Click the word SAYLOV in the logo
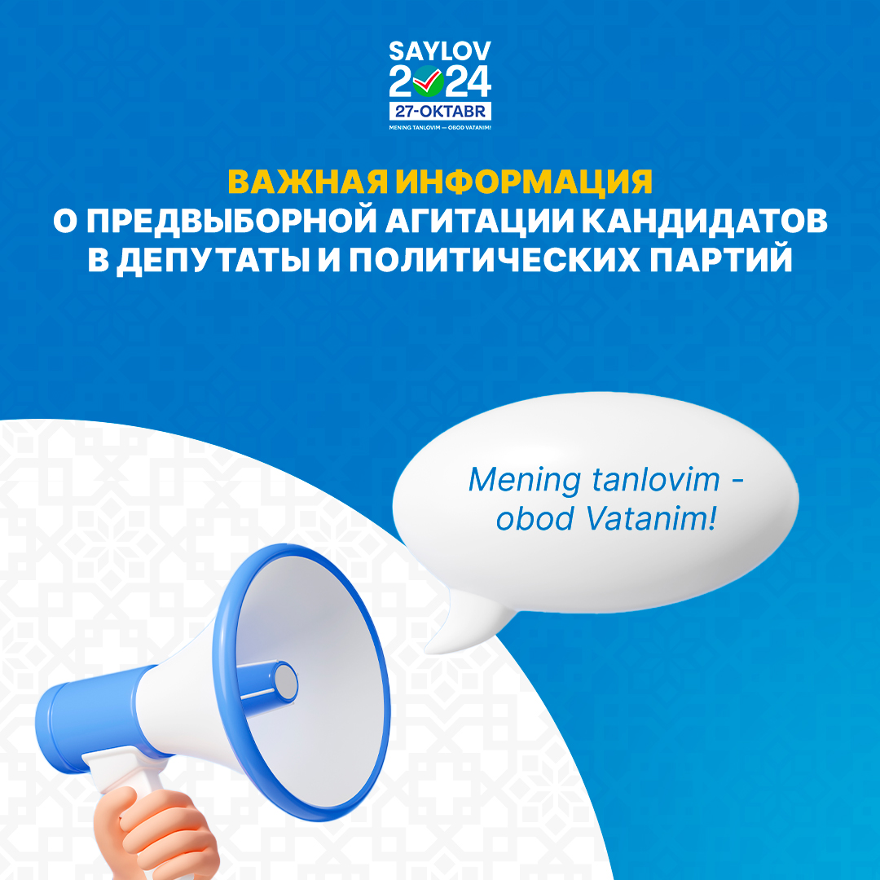[x=440, y=51]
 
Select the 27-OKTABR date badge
[x=440, y=111]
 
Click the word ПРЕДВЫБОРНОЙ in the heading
[x=231, y=221]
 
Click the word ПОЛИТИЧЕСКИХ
[x=495, y=260]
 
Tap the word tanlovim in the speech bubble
[x=655, y=480]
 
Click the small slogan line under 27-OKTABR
[x=440, y=127]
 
